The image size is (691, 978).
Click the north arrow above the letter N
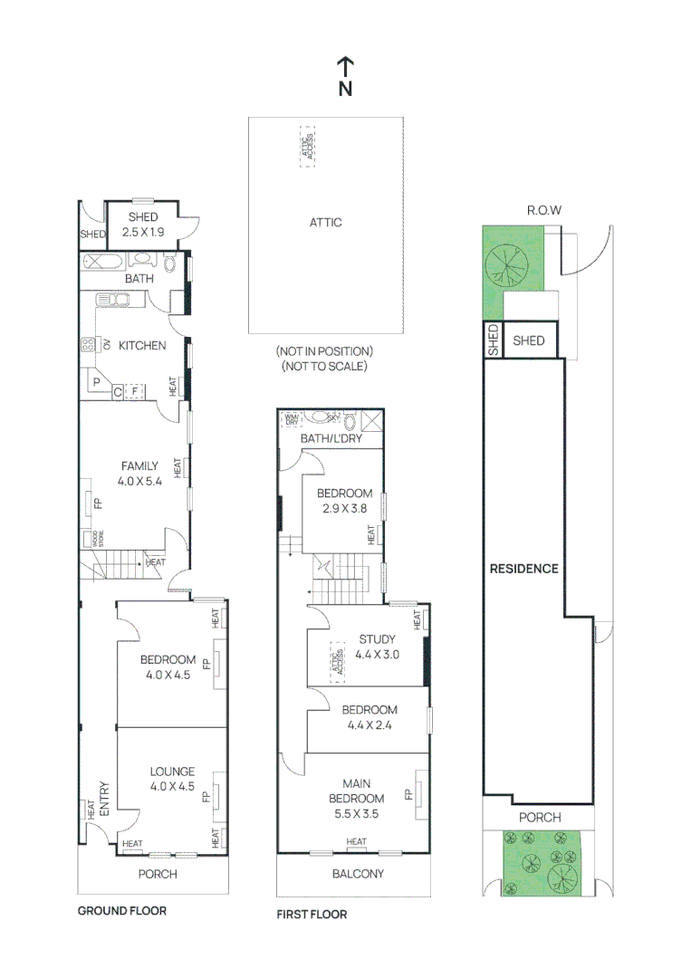[x=345, y=65]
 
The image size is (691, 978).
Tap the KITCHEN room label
[x=143, y=345]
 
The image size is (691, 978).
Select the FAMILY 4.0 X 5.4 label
[x=139, y=474]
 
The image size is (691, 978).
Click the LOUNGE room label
[x=172, y=779]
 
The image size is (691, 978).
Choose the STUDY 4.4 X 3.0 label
[x=378, y=646]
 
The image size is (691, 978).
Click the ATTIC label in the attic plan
[x=326, y=222]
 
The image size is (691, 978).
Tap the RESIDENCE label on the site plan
[x=523, y=569]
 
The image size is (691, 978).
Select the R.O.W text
[x=544, y=210]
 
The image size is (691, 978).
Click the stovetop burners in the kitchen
[x=89, y=344]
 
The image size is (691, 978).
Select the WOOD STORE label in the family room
[x=92, y=539]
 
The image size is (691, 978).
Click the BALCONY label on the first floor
[x=359, y=874]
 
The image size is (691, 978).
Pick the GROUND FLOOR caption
[x=121, y=910]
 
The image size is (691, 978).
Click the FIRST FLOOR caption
[x=312, y=915]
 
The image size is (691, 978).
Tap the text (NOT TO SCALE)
[x=325, y=367]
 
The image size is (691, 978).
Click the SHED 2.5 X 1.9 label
[x=143, y=225]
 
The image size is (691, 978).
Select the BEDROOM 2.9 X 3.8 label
[x=344, y=501]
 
